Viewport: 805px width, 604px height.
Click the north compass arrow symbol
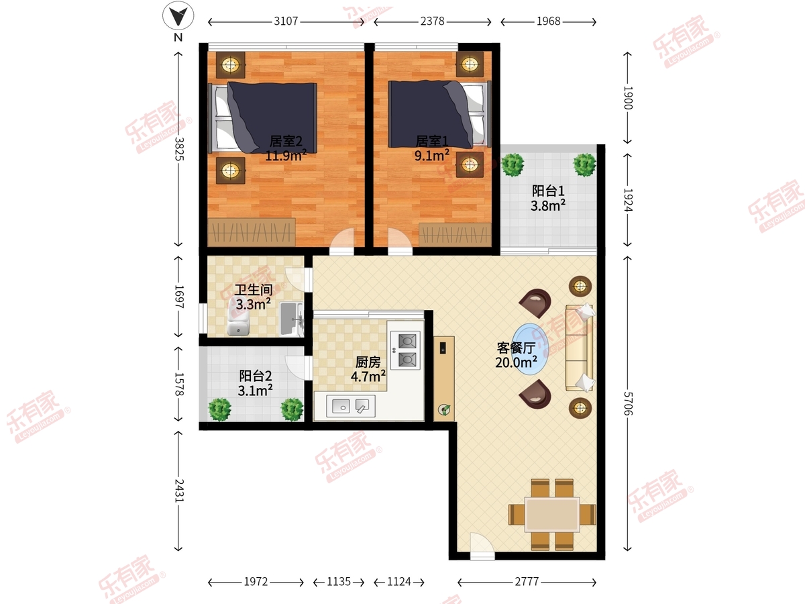[x=178, y=15]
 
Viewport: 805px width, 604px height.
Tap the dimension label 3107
[x=286, y=21]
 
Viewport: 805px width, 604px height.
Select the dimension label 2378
[x=432, y=21]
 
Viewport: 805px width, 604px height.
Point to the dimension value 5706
[x=628, y=403]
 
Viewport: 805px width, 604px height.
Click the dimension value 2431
[x=178, y=491]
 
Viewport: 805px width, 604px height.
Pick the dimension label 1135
[x=339, y=582]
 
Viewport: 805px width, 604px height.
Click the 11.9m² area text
[x=286, y=156]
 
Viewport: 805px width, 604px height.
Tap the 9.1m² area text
[x=432, y=156]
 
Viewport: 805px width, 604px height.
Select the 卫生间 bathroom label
[x=254, y=290]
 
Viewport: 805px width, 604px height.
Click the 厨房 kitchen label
[x=368, y=362]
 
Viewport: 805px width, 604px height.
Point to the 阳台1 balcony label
[x=548, y=191]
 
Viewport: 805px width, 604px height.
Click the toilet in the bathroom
[x=238, y=317]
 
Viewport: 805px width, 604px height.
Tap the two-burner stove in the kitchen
[x=406, y=350]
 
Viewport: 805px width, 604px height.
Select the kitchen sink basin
[x=351, y=406]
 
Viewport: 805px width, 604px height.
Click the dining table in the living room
[x=552, y=515]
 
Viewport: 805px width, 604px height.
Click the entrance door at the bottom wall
[x=482, y=547]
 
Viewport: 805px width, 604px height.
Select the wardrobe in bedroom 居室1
[x=455, y=234]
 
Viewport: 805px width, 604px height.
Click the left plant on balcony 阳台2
[x=219, y=409]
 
